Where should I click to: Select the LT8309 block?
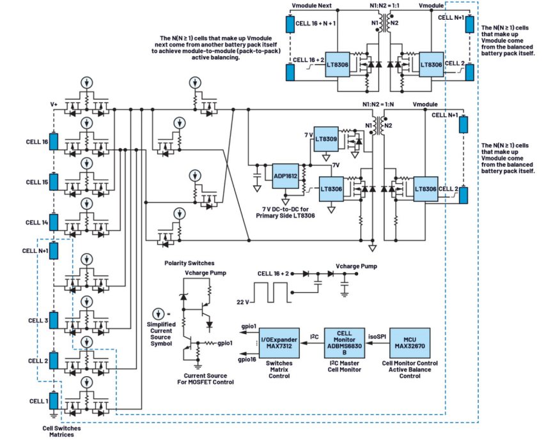(x=324, y=139)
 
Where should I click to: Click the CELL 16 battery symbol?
(x=54, y=142)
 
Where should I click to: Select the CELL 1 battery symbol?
(x=54, y=401)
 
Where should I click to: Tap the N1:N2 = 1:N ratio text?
(x=380, y=103)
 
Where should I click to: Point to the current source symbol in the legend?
(x=157, y=315)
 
